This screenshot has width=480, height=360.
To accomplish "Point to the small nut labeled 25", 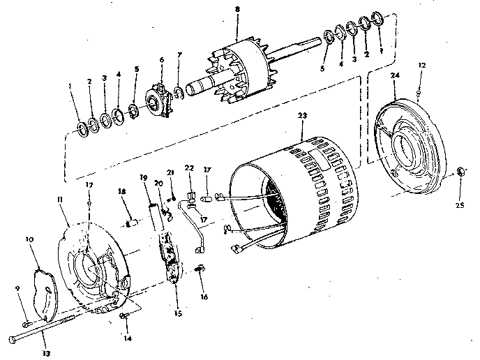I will (x=460, y=172).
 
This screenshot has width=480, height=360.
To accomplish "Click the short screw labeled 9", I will (x=27, y=323).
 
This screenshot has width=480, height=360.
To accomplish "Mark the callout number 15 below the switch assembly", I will (x=178, y=313).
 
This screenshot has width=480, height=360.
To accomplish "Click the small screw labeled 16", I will (x=200, y=269).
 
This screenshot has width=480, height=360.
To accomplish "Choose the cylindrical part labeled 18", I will (x=130, y=223).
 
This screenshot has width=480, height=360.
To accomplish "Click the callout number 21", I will (x=170, y=172).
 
